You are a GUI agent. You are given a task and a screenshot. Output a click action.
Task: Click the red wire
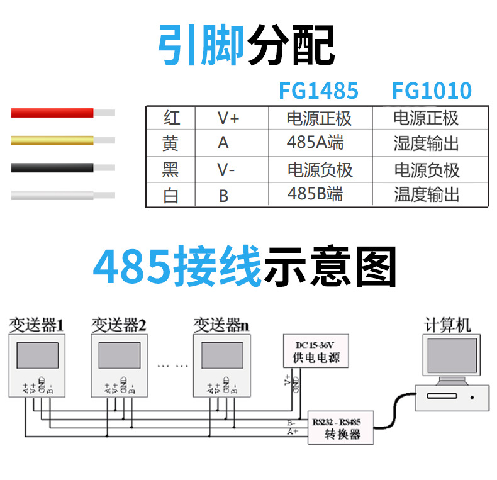(x=53, y=113)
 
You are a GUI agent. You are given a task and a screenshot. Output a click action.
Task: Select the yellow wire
(x=53, y=140)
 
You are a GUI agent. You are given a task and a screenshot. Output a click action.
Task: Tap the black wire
(x=53, y=168)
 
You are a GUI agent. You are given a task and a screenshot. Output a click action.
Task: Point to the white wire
(x=53, y=195)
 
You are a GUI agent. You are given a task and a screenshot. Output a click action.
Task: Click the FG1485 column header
(x=318, y=91)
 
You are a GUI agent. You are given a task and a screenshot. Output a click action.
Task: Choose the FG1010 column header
(x=432, y=91)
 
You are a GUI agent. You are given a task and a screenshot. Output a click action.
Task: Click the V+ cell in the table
(x=228, y=118)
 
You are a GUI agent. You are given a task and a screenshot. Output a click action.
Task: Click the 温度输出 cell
(x=426, y=195)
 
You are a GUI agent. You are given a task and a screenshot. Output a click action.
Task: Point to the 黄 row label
(x=170, y=143)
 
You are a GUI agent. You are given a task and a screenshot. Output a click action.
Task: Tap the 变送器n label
(x=221, y=325)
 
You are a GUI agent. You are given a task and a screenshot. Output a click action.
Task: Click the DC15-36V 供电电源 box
(x=316, y=352)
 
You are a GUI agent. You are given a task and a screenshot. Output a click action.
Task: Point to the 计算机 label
(x=447, y=325)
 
